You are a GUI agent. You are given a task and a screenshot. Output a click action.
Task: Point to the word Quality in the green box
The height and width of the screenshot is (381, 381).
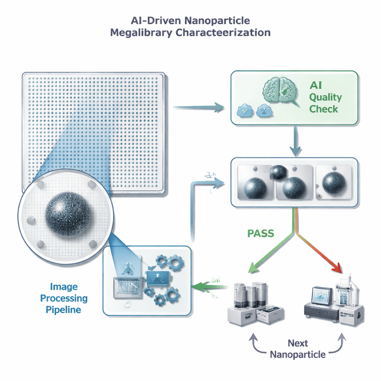coord(325,97)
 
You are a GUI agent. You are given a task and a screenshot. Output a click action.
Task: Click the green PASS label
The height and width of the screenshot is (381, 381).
coord(260,234)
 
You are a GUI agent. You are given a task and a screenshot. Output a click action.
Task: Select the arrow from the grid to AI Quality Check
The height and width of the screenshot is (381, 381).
coord(199,108)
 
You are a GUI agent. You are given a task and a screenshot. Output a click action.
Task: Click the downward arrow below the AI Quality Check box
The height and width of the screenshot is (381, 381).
coord(295,141)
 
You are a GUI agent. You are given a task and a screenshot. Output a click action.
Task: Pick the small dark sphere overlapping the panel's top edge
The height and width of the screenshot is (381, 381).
coord(279,172)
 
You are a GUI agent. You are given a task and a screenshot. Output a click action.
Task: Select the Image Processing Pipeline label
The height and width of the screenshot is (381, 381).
coord(64,298)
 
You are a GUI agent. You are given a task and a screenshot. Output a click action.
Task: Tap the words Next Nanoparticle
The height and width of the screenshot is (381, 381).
coord(298,349)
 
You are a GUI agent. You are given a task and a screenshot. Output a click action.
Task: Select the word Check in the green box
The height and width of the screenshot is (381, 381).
coord(324,109)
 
